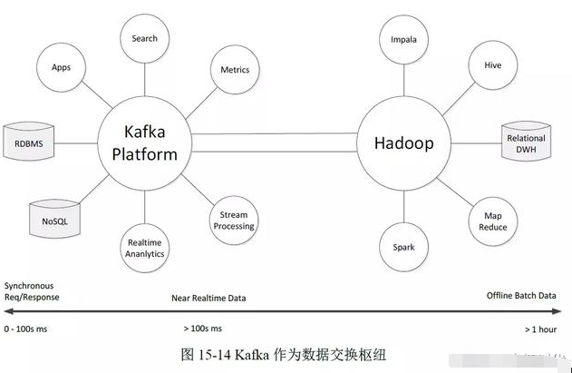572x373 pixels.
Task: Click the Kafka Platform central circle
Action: pyautogui.click(x=144, y=143)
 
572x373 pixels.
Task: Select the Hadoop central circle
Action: pyautogui.click(x=403, y=143)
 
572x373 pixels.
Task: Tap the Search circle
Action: pyautogui.click(x=144, y=38)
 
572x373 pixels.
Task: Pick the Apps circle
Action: pyautogui.click(x=62, y=67)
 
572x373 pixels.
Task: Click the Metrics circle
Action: pyautogui.click(x=235, y=70)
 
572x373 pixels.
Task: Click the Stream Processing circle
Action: pyautogui.click(x=233, y=221)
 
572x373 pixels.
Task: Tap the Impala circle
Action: pyautogui.click(x=403, y=41)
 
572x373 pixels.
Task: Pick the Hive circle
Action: pyautogui.click(x=492, y=66)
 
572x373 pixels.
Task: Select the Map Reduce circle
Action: pyautogui.click(x=492, y=221)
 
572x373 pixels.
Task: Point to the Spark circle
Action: pyautogui.click(x=403, y=247)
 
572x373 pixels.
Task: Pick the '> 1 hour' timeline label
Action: pyautogui.click(x=542, y=328)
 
